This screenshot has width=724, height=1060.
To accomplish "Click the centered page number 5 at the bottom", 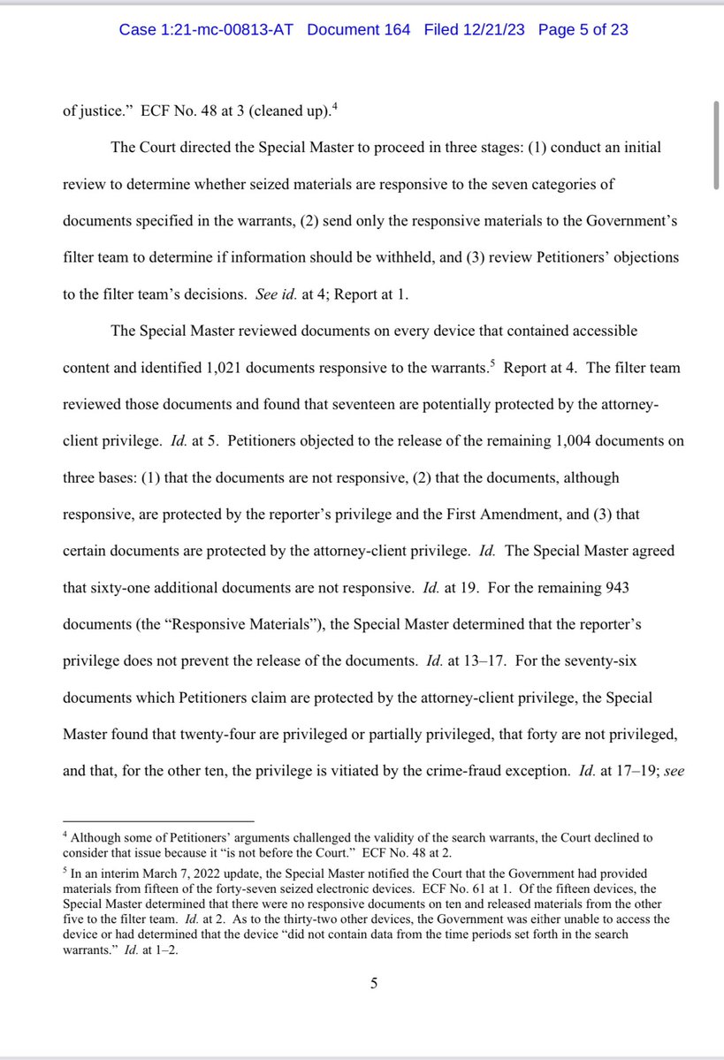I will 374,984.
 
